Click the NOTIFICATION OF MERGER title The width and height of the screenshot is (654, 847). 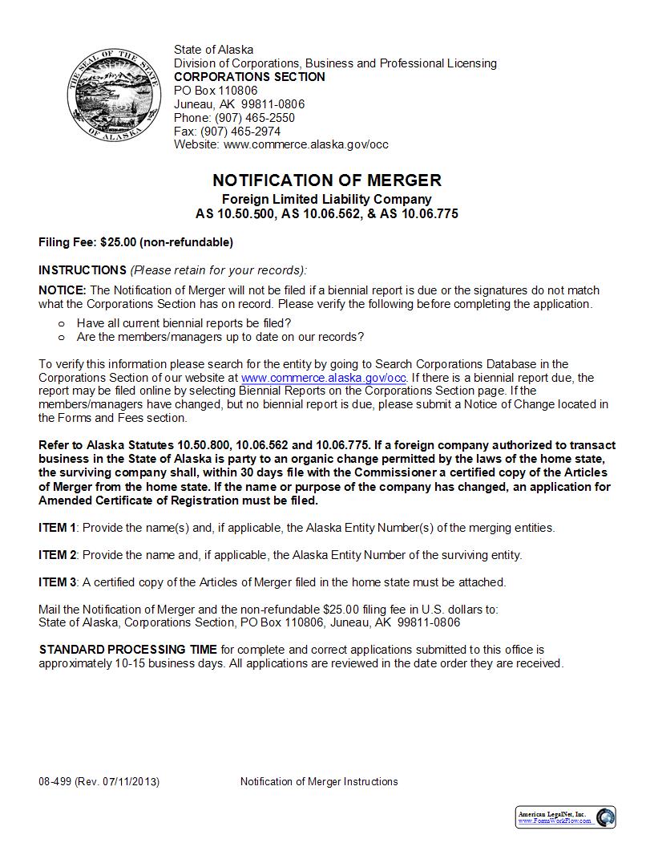click(326, 180)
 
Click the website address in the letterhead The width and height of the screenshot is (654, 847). click(306, 145)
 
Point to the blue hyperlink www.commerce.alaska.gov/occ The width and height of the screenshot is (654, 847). click(324, 378)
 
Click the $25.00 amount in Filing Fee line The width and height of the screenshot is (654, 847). click(119, 242)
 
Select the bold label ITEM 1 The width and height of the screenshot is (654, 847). click(58, 528)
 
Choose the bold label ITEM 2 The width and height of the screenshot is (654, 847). click(58, 555)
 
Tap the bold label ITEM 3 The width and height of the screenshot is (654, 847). click(58, 582)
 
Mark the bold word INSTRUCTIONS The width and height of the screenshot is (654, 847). click(83, 270)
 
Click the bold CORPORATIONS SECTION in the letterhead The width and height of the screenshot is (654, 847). click(249, 77)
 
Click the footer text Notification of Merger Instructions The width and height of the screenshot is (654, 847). click(319, 782)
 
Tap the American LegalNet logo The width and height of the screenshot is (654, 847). click(566, 817)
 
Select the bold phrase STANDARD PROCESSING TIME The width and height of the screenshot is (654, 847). click(128, 650)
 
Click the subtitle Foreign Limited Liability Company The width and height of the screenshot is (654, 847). click(326, 199)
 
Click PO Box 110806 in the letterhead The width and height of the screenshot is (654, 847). click(216, 91)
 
